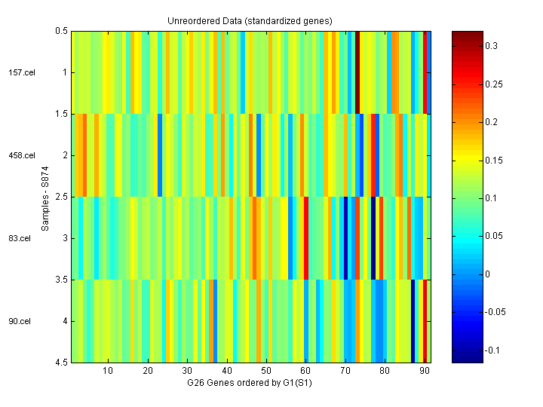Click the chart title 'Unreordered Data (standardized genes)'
[x=250, y=20]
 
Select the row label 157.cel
[x=21, y=72]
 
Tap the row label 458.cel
[x=21, y=155]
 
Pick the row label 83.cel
[x=21, y=238]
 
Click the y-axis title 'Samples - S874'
[x=46, y=197]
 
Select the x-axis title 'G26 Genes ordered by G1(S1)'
[x=250, y=383]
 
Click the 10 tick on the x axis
[x=108, y=372]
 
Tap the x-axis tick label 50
[x=265, y=372]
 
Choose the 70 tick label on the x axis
[x=345, y=372]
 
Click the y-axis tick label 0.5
[x=61, y=31]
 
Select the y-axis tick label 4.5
[x=61, y=363]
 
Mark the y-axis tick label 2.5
[x=61, y=197]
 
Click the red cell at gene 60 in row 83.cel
[x=305, y=238]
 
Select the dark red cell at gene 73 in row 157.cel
[x=357, y=72]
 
